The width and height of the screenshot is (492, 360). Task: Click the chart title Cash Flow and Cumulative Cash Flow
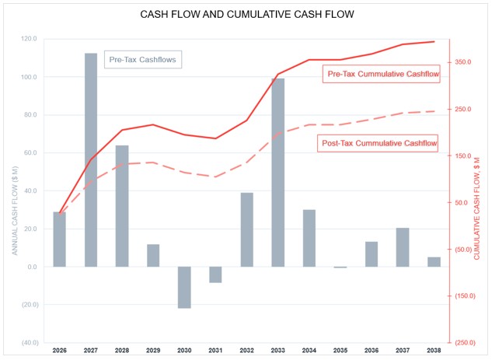pos(246,16)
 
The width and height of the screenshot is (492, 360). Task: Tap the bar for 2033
pos(278,172)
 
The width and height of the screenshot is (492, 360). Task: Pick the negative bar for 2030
pos(184,287)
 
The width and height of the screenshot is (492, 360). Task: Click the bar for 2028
pos(122,205)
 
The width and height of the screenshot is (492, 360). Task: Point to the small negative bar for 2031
pos(215,274)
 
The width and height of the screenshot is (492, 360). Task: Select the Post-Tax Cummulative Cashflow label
pos(379,143)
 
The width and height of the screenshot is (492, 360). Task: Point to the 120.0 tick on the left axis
pos(30,39)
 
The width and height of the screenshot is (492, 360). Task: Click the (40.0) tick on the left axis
pos(29,343)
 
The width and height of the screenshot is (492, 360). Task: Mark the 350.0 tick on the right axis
pos(464,61)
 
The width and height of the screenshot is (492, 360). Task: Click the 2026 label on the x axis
pos(60,351)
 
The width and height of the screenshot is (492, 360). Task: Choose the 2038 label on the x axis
pos(434,351)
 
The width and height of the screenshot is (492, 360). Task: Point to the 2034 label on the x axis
pos(309,351)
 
